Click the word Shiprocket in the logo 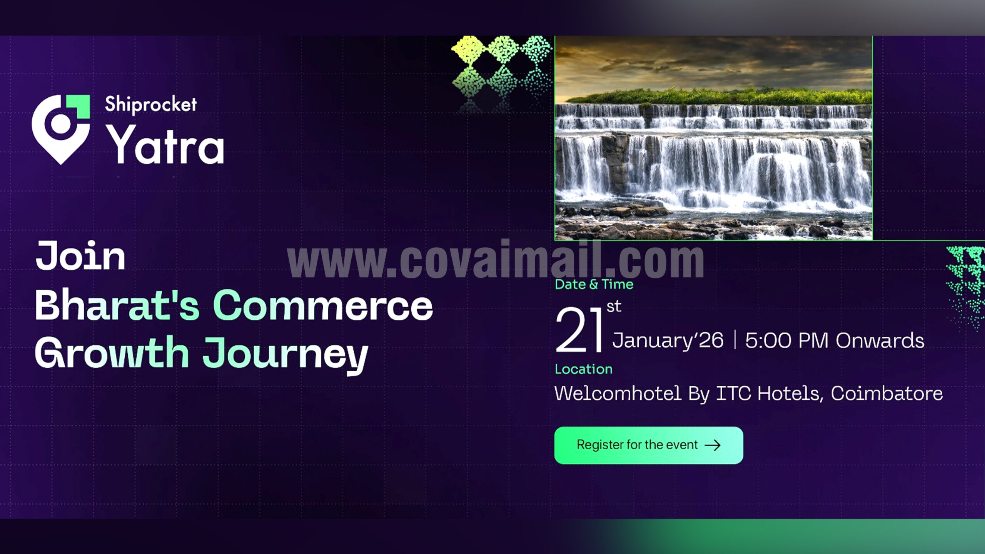point(151,104)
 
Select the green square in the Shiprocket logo point(78,106)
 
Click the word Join point(80,256)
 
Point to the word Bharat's point(117,305)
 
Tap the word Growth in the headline point(112,352)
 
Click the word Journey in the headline point(285,355)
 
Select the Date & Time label point(594,285)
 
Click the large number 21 point(579,330)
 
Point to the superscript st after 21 point(614,307)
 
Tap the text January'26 point(668,340)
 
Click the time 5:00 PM point(787,340)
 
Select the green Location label point(584,369)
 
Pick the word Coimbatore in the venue point(887,394)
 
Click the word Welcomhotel point(618,394)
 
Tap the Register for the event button point(649,445)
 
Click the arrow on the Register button point(713,446)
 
